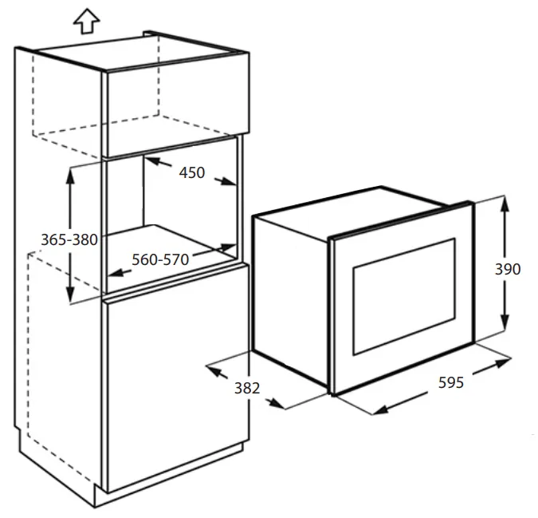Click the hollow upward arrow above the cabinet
click(86, 22)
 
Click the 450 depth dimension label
click(192, 172)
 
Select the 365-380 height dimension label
click(69, 239)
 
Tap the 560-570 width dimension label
click(160, 259)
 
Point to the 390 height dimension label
click(508, 269)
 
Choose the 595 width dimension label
click(451, 382)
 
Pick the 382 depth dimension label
click(247, 388)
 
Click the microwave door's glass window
click(404, 296)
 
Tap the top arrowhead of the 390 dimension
click(504, 204)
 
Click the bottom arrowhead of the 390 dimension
click(504, 323)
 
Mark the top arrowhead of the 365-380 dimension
click(70, 176)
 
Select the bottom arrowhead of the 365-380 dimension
click(70, 295)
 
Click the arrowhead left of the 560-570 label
click(116, 273)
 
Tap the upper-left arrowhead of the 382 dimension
click(214, 370)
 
